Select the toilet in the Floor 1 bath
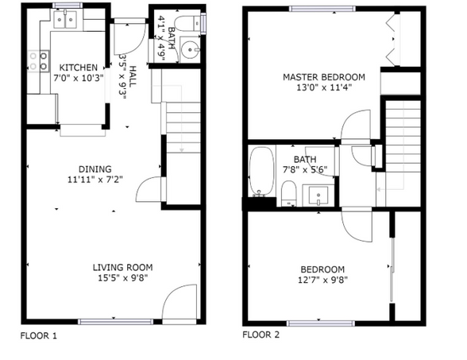187,24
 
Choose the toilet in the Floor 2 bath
289,191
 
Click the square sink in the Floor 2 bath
320,192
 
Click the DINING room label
94,168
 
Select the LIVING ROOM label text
122,267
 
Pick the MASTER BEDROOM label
324,77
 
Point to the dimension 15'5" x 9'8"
122,277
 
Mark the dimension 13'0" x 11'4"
324,87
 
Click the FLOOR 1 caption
39,335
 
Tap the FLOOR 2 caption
261,335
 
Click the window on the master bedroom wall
322,8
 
